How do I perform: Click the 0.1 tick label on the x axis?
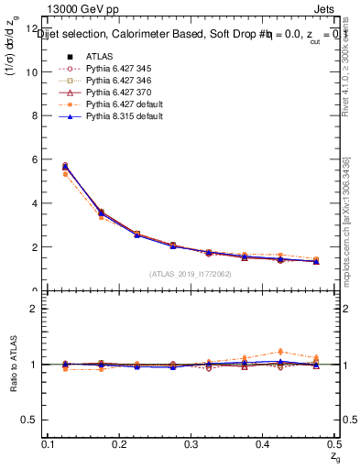50,443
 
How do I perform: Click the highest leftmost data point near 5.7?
65,166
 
